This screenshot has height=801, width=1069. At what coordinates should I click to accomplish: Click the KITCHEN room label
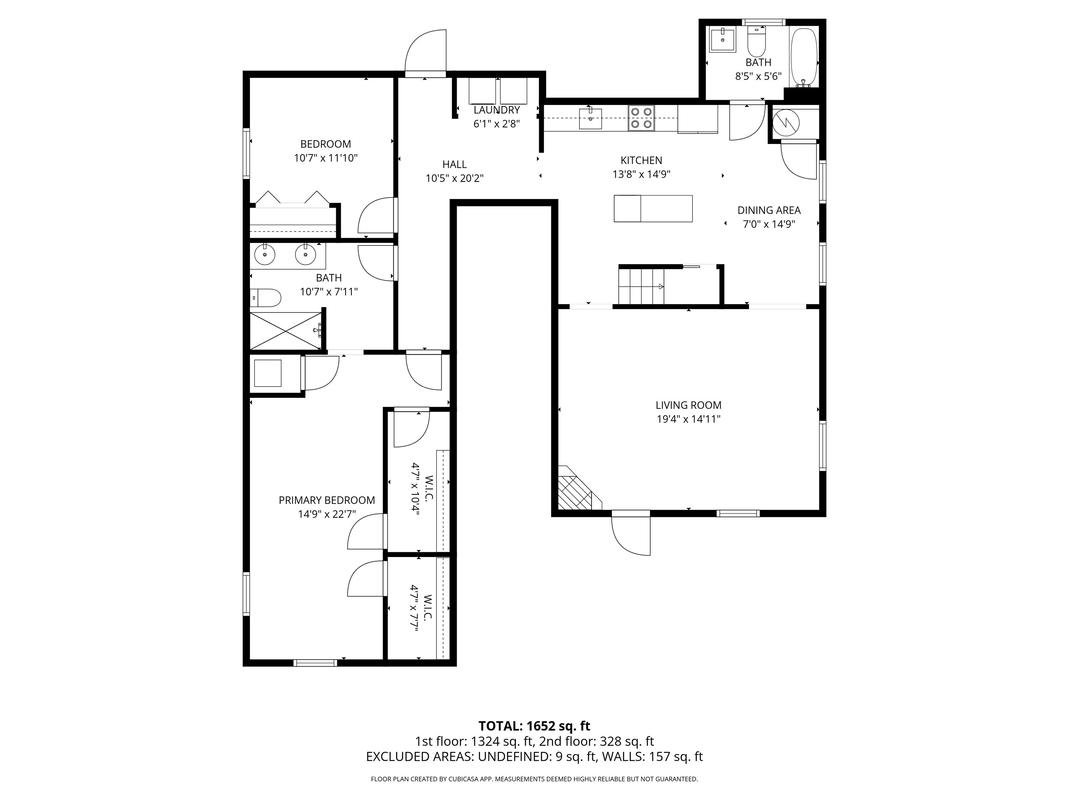[641, 160]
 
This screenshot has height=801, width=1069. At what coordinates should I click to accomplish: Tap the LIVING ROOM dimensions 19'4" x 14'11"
[688, 419]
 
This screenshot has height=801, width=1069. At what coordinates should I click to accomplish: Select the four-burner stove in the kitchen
[641, 118]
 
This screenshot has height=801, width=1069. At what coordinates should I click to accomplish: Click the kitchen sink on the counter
[591, 119]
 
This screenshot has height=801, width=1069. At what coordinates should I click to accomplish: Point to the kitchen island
[653, 209]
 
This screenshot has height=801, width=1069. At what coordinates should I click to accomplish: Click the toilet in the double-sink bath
[266, 298]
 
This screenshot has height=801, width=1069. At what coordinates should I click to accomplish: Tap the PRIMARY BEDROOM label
[327, 500]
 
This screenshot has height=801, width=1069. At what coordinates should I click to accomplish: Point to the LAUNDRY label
[496, 110]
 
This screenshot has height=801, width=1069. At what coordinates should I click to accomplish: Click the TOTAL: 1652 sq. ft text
[534, 726]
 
